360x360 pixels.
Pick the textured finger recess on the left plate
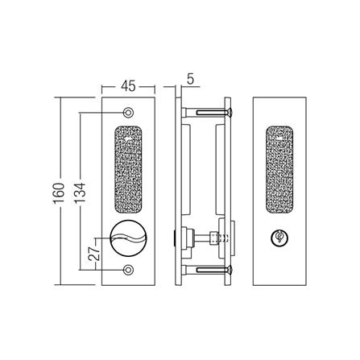(128, 172)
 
